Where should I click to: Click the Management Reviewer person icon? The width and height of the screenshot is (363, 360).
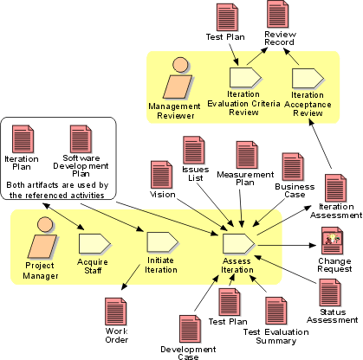click(178, 79)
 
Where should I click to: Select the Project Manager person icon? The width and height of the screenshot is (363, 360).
click(43, 238)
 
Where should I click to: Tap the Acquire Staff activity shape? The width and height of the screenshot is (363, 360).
click(94, 244)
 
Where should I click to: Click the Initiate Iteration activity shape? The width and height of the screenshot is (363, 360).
click(163, 242)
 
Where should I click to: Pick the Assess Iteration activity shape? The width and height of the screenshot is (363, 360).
click(239, 244)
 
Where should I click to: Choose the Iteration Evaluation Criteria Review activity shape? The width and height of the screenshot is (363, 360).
click(246, 78)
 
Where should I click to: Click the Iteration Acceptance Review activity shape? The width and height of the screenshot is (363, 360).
click(308, 78)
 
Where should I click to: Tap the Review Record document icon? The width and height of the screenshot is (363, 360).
click(278, 14)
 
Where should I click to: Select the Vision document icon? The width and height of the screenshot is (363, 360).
click(162, 175)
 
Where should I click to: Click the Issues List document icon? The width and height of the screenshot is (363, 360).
click(194, 151)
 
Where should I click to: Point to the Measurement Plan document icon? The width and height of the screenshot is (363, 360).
click(247, 155)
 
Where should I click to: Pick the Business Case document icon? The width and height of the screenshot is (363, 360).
click(294, 167)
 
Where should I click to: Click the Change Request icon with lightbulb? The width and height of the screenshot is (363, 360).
click(333, 241)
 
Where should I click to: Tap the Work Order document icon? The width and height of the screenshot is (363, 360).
click(116, 312)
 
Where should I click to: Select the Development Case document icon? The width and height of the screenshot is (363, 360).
click(191, 329)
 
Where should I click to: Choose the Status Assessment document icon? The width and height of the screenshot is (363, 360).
click(330, 292)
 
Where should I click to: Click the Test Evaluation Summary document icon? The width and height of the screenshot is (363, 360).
click(276, 312)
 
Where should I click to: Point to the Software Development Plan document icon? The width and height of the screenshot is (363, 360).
click(81, 139)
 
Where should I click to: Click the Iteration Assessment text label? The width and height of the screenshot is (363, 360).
click(336, 211)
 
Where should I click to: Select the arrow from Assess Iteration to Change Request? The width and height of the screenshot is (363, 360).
click(288, 246)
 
